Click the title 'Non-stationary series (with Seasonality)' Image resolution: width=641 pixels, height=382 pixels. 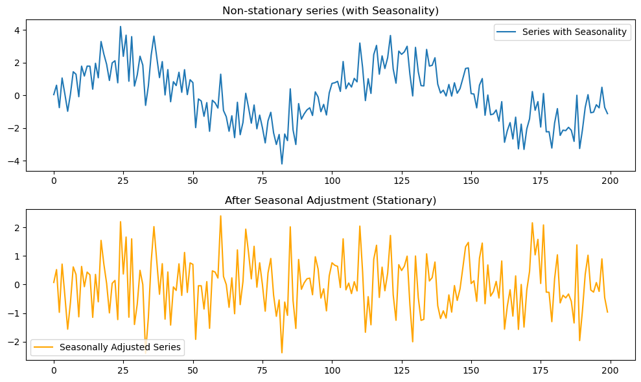pos(331,10)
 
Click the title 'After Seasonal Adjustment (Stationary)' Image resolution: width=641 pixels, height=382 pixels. pos(331,200)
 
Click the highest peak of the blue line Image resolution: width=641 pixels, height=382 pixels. pos(121,27)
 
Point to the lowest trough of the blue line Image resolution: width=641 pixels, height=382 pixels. pos(282,164)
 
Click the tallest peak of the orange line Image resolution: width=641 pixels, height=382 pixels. pos(220,216)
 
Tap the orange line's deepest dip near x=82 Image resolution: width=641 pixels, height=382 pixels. pos(282,352)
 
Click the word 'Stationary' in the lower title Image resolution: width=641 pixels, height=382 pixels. pos(409,200)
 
